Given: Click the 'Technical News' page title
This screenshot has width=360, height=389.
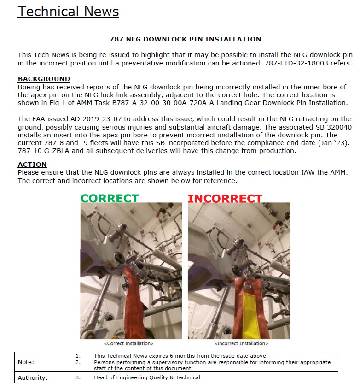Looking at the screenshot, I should (x=68, y=12).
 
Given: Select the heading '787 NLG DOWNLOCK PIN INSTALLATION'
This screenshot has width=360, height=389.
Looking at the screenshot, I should (x=185, y=39).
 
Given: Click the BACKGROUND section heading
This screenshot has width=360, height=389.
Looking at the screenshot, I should (x=44, y=79).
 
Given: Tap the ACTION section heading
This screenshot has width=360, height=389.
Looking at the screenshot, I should (x=32, y=165).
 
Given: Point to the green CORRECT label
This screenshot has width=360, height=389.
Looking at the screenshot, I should (x=110, y=198).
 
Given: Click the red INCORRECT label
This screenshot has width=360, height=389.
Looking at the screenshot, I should (x=225, y=199).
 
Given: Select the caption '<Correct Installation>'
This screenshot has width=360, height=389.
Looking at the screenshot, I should (x=129, y=343).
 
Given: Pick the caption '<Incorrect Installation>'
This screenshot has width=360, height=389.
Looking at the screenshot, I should (x=241, y=343).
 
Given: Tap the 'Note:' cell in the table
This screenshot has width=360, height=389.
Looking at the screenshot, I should (x=26, y=362).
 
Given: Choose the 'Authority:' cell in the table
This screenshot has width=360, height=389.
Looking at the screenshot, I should (x=33, y=377).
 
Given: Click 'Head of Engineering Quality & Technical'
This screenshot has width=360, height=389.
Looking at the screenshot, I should (x=147, y=377).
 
